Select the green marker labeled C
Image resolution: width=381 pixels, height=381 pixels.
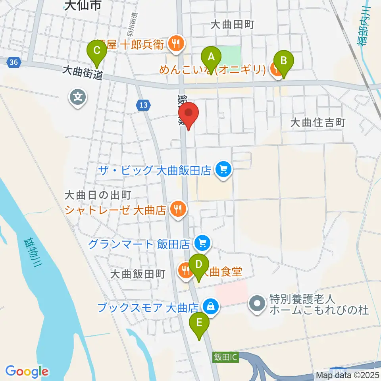tap(97, 51)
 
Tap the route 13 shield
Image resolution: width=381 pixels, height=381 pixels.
tap(144, 105)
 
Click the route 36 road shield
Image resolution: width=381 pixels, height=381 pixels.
tap(13, 62)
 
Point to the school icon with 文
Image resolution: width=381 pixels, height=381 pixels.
tap(78, 96)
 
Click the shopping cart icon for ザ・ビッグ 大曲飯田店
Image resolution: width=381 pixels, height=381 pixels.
tap(223, 170)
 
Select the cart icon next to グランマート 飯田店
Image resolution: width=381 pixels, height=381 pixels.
tap(203, 242)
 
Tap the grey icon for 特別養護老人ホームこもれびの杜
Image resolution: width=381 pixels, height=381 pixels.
tap(257, 304)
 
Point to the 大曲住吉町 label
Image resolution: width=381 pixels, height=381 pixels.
tap(317, 123)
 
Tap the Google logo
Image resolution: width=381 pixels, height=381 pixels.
tap(27, 371)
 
